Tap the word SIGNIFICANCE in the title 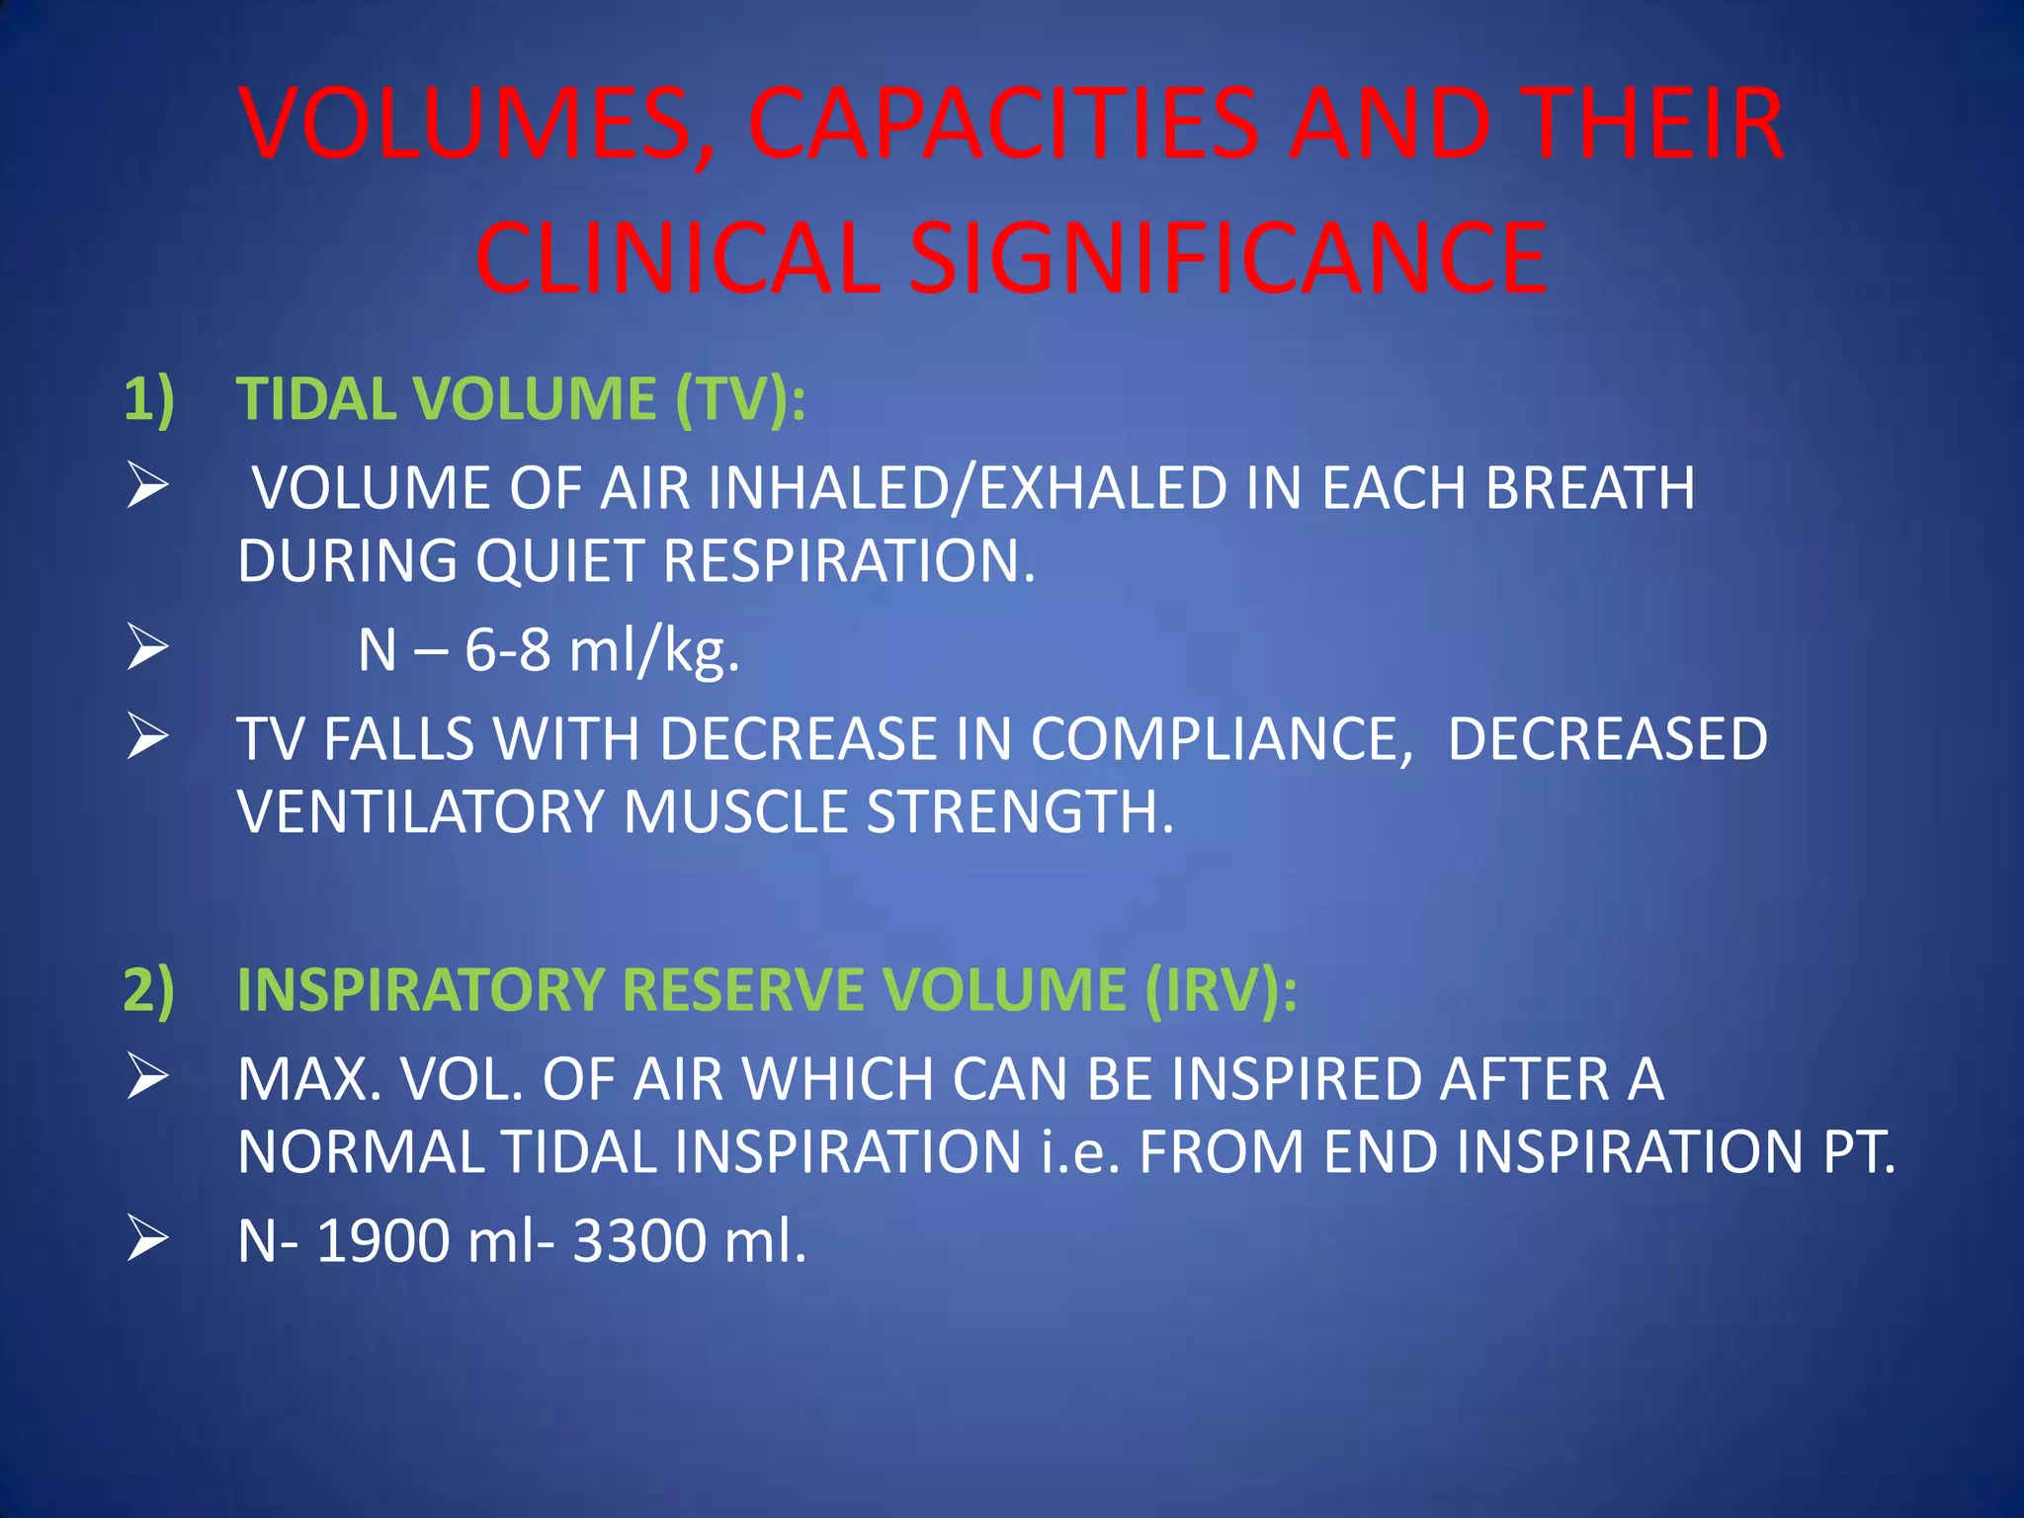pyautogui.click(x=1227, y=259)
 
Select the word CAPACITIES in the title pyautogui.click(x=1002, y=126)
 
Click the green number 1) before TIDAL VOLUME pyautogui.click(x=149, y=399)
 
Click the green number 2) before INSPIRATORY pyautogui.click(x=149, y=989)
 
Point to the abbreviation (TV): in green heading pyautogui.click(x=740, y=399)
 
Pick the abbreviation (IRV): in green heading pyautogui.click(x=1221, y=989)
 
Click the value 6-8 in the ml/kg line pyautogui.click(x=507, y=650)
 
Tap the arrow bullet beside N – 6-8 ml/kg pyautogui.click(x=147, y=650)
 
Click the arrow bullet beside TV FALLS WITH pyautogui.click(x=147, y=738)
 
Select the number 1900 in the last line pyautogui.click(x=382, y=1240)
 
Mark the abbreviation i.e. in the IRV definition pyautogui.click(x=1080, y=1151)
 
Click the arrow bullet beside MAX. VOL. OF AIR pyautogui.click(x=147, y=1078)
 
